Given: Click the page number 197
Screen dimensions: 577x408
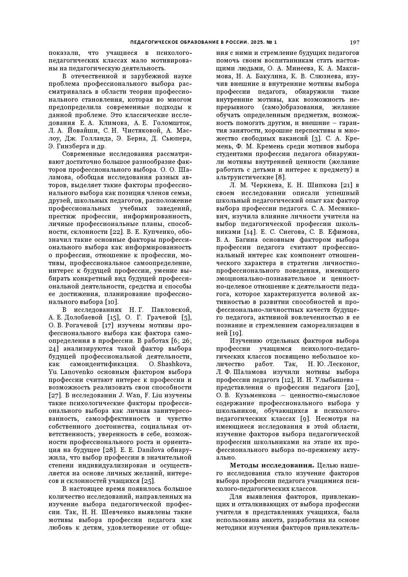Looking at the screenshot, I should (x=354, y=42).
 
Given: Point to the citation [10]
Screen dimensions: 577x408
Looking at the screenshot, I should (x=111, y=302).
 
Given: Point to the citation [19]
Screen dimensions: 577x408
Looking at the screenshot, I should (x=236, y=333).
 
